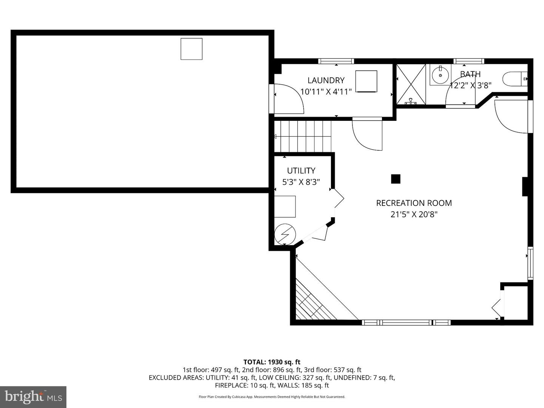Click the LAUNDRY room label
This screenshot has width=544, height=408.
(326, 80)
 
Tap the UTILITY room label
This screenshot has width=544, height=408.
(301, 170)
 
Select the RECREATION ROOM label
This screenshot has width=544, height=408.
(414, 203)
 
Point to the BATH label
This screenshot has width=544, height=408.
(470, 74)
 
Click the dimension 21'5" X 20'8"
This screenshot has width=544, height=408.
(414, 214)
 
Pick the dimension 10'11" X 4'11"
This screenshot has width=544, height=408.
(326, 91)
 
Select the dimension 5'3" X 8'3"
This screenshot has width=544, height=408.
(301, 182)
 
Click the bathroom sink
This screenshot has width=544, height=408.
(440, 75)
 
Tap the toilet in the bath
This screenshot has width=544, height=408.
(514, 79)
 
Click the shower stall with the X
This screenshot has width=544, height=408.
(411, 84)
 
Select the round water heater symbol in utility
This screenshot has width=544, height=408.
(285, 234)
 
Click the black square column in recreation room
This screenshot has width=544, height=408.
(396, 179)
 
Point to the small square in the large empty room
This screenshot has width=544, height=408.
(191, 49)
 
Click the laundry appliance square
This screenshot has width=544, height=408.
(366, 81)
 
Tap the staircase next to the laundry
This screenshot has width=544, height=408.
(302, 136)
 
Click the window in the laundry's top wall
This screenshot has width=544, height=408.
(336, 61)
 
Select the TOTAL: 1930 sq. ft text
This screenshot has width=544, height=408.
(272, 362)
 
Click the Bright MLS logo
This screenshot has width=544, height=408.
(33, 397)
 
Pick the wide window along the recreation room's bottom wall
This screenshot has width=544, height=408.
(406, 322)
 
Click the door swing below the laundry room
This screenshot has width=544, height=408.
(366, 134)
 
